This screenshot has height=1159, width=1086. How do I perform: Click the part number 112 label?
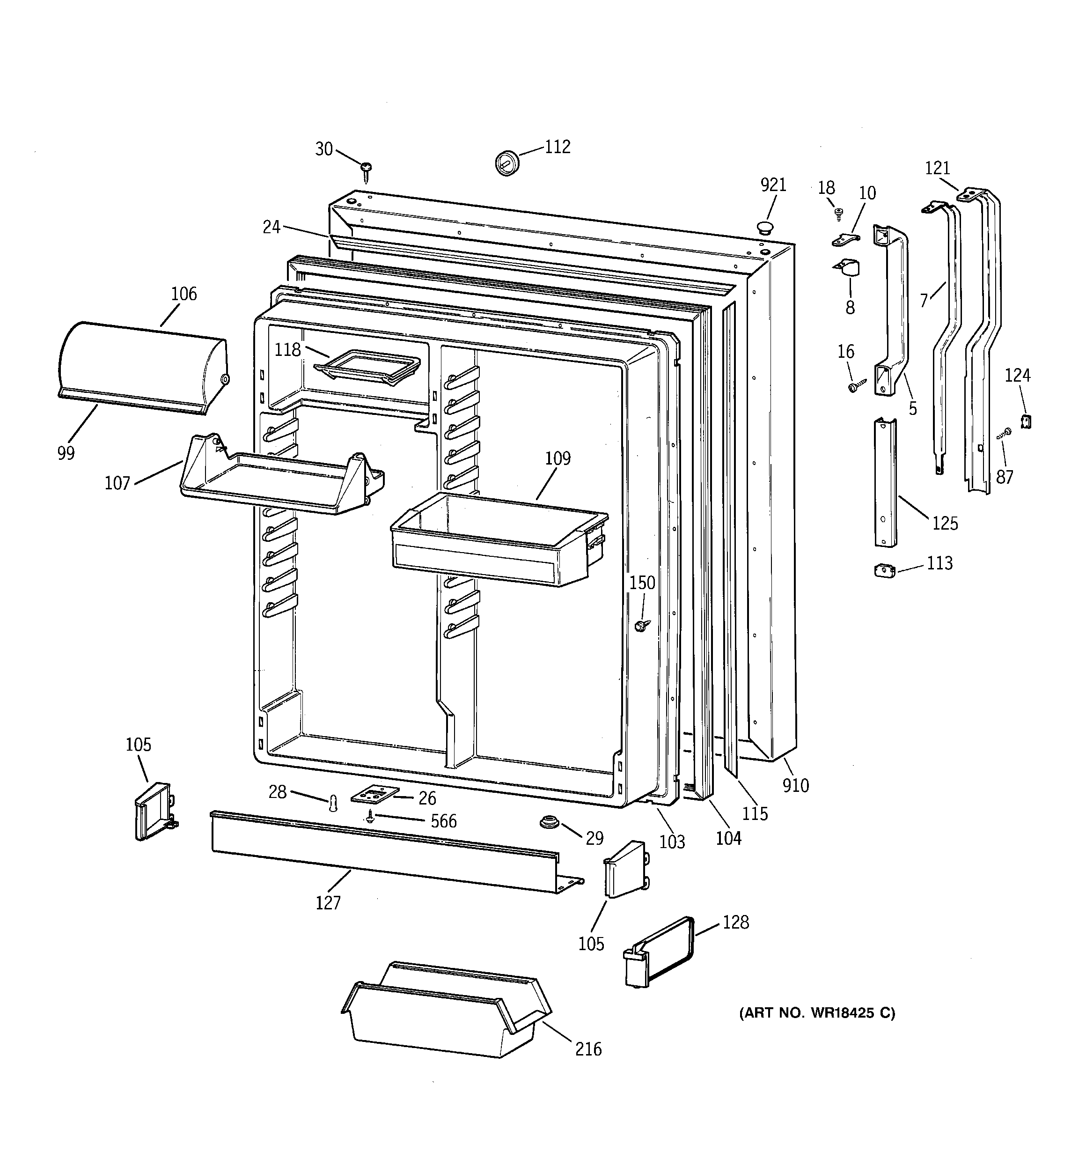pyautogui.click(x=558, y=147)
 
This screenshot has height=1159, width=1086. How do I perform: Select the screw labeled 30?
pyautogui.click(x=366, y=169)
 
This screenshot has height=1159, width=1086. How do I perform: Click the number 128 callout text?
pyautogui.click(x=736, y=923)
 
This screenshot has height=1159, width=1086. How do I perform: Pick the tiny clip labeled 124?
pyautogui.click(x=1027, y=421)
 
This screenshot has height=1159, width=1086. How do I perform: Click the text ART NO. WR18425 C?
pyautogui.click(x=817, y=1013)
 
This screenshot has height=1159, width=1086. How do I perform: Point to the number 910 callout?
pyautogui.click(x=796, y=785)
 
